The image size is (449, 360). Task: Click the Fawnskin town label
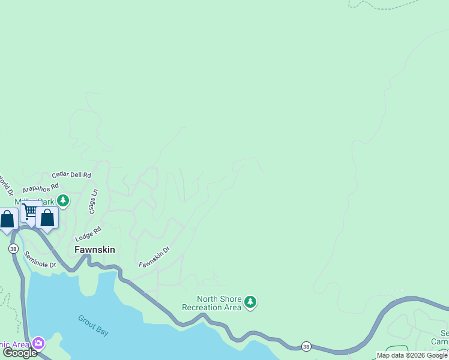tap(94, 250)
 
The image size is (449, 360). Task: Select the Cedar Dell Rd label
tap(71, 175)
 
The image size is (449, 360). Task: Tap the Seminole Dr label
tap(40, 260)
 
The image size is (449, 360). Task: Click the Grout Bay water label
tap(93, 325)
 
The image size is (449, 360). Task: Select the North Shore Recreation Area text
tap(211, 303)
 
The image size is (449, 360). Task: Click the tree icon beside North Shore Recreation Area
tap(251, 302)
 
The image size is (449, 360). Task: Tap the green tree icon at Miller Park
tap(62, 200)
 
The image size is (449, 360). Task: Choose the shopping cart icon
tap(29, 211)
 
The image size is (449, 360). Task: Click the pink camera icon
tap(38, 343)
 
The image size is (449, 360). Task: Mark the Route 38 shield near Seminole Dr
tap(13, 248)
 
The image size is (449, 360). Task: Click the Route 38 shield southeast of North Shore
tap(306, 346)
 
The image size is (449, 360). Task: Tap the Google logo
tap(20, 353)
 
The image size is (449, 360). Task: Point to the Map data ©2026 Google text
tap(412, 355)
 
